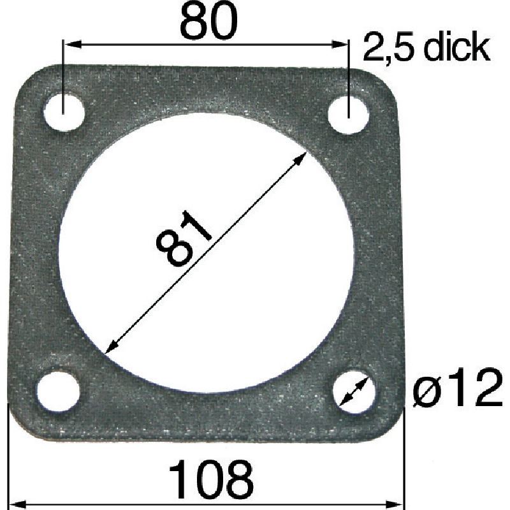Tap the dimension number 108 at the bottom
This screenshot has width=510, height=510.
[211, 479]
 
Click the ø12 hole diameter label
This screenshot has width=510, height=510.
[458, 388]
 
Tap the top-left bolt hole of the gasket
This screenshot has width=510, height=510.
[64, 112]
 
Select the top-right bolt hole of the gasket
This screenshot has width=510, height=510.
[348, 114]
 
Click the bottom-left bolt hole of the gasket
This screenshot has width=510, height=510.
[58, 391]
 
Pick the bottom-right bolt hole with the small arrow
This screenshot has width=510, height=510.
[354, 391]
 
